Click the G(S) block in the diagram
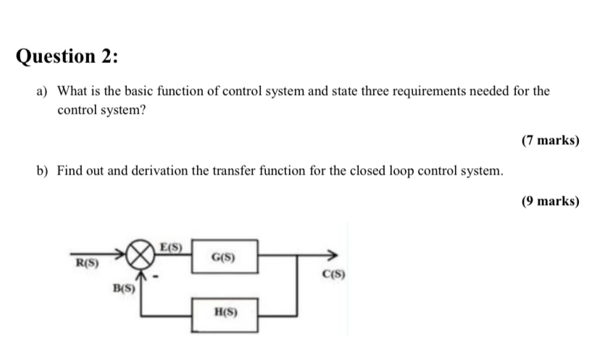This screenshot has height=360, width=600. pos(223,256)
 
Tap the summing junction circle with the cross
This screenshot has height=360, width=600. pos(141,255)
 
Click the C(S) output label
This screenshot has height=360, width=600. pos(334,275)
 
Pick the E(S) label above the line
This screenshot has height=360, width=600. pos(170,246)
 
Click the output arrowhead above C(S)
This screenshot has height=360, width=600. pos(332,255)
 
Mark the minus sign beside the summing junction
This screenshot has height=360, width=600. pos(164,276)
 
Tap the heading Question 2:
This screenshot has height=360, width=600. pos(67,56)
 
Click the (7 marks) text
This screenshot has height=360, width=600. pos(550,141)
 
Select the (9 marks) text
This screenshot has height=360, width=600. pos(550,201)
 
